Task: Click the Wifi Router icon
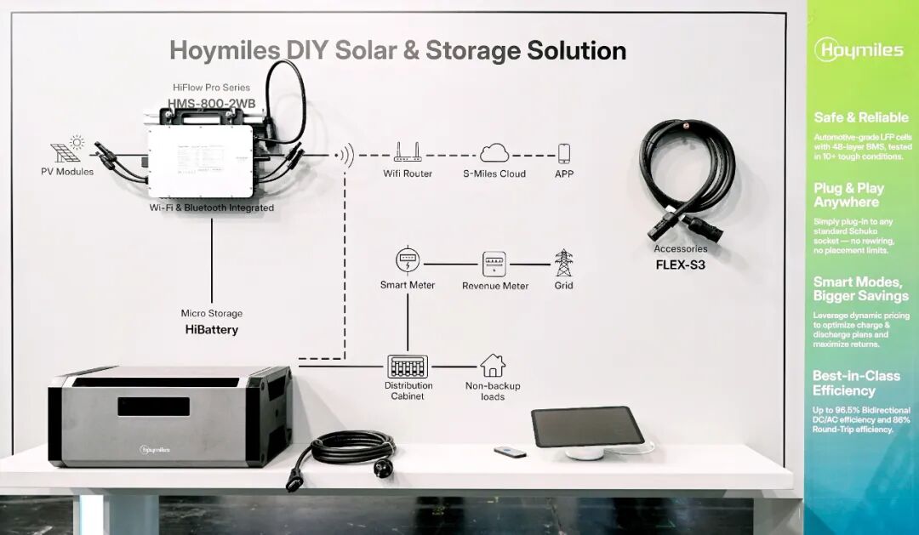[408, 153]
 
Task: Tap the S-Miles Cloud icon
[494, 153]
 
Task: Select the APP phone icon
[563, 153]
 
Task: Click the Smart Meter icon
[408, 260]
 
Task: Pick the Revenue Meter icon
[494, 264]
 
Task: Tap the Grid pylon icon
[563, 263]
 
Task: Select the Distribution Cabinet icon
[408, 367]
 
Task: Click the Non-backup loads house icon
[493, 366]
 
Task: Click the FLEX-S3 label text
[680, 264]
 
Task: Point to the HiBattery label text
[211, 329]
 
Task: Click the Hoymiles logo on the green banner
[859, 49]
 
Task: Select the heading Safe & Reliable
[860, 117]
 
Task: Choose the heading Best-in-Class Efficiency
[855, 383]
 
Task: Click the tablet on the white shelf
[588, 425]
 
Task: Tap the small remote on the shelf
[510, 452]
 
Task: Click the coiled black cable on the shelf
[352, 447]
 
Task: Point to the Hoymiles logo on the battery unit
[155, 449]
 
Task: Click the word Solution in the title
[576, 50]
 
